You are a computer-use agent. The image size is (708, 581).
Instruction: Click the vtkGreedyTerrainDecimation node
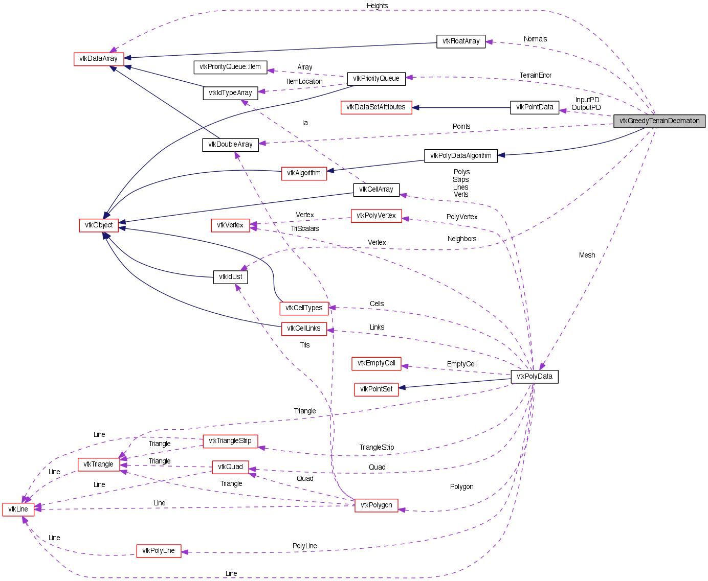(x=659, y=121)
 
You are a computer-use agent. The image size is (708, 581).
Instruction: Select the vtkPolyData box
(x=535, y=377)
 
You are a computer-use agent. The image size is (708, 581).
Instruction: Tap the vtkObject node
(x=99, y=225)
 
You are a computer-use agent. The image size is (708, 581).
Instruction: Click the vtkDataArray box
(x=99, y=59)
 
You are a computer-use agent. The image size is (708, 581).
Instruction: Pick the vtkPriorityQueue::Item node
(x=230, y=67)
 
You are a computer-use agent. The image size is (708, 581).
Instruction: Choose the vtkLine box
(x=18, y=509)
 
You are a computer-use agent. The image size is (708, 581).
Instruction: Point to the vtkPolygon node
(x=376, y=505)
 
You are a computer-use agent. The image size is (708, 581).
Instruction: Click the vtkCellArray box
(x=376, y=190)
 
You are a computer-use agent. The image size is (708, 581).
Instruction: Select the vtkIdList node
(x=230, y=277)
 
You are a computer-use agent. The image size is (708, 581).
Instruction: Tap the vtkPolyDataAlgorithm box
(x=460, y=156)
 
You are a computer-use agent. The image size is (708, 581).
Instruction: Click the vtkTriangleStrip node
(x=230, y=441)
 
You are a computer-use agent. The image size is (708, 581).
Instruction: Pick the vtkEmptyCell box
(x=376, y=363)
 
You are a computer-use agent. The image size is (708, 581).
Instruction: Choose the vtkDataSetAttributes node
(x=376, y=107)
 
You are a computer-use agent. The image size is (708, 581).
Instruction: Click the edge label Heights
(x=377, y=6)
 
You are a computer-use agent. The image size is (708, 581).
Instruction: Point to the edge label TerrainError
(x=535, y=76)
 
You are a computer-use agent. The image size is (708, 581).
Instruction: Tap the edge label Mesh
(x=587, y=255)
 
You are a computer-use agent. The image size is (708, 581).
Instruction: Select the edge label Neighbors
(x=461, y=239)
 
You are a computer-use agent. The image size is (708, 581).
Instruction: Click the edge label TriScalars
(x=305, y=229)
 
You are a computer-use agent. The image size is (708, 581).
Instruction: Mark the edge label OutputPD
(x=586, y=108)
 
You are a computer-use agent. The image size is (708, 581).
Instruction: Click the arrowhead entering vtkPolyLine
(x=185, y=552)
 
